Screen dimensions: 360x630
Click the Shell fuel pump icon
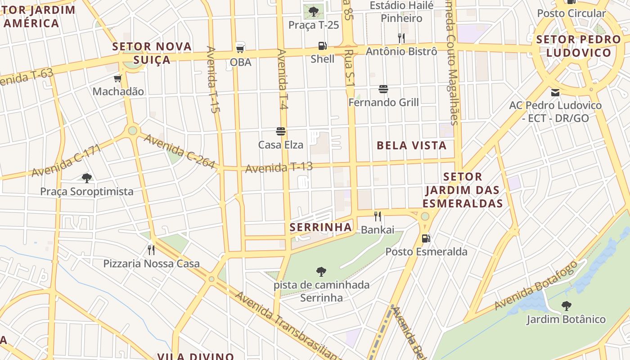[x=322, y=45]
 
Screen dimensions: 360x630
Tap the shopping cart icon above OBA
[x=240, y=48]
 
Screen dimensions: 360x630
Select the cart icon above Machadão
[x=118, y=79]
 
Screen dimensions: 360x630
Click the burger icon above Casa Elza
[x=281, y=131]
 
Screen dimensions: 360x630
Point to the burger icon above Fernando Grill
[x=383, y=89]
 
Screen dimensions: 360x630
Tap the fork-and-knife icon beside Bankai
[x=378, y=216]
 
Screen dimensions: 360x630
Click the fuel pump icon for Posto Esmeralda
[x=426, y=238]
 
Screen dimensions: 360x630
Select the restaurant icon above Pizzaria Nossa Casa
[x=151, y=250]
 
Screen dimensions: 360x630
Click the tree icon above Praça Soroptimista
[x=87, y=178]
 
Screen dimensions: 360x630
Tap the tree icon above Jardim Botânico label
[x=567, y=306]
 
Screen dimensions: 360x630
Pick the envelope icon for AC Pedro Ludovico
[x=555, y=92]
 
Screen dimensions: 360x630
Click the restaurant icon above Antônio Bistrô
[x=401, y=38]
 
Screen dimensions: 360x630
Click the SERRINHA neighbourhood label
[x=321, y=227]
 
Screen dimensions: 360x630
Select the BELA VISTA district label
[x=412, y=145]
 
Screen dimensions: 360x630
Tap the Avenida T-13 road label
[x=279, y=168]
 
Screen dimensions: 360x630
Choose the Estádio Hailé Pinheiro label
[x=401, y=12]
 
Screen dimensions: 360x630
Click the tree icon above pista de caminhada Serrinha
[x=321, y=271]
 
